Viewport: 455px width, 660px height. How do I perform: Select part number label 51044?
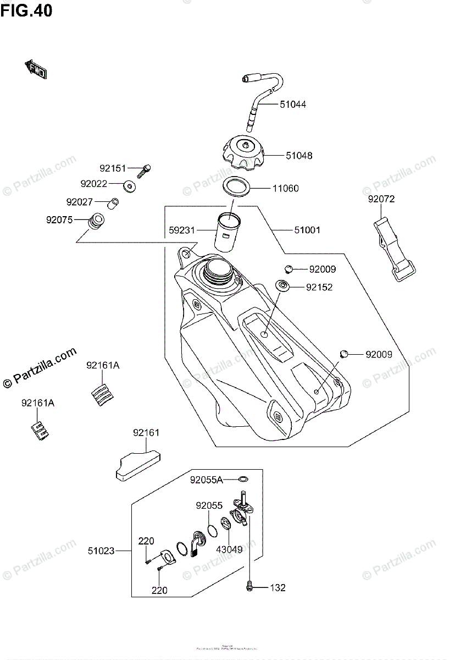point(292,104)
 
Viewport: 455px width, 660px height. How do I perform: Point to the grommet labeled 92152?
point(282,285)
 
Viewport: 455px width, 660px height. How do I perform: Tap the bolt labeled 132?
point(251,587)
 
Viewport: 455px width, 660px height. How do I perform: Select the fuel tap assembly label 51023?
point(101,550)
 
